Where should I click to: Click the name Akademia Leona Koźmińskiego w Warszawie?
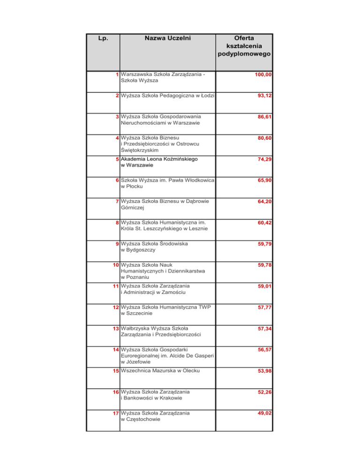(x=159, y=162)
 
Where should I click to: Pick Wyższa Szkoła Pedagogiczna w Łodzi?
(x=167, y=96)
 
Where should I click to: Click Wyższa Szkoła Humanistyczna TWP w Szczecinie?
(x=166, y=310)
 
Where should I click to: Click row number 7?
(x=117, y=202)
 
